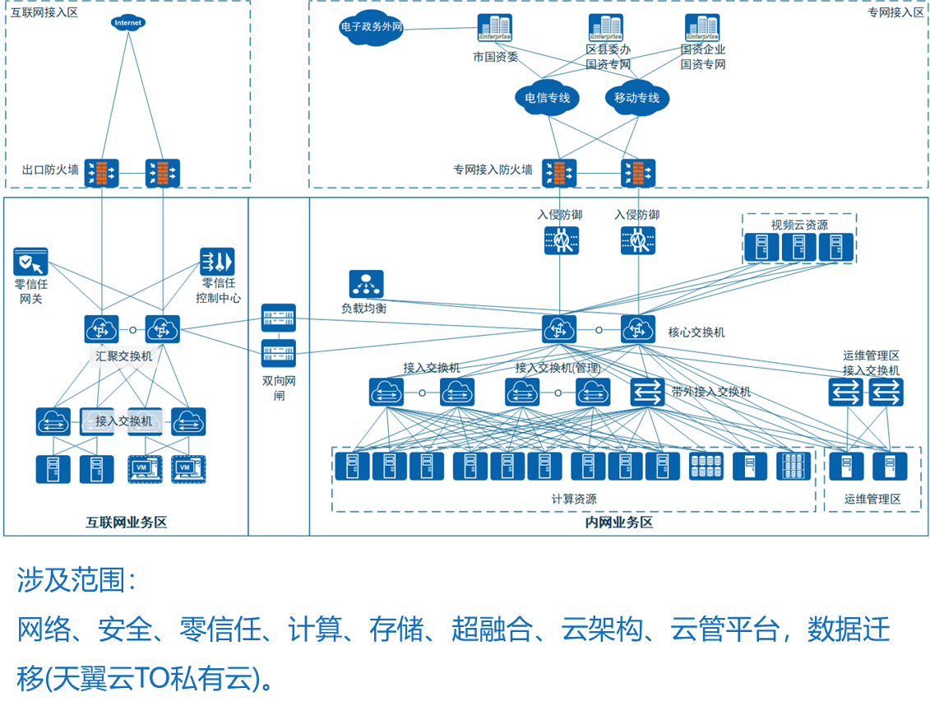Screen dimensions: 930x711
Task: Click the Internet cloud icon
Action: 128,22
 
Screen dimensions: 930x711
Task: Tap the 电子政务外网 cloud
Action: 372,27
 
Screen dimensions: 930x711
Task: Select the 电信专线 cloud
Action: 547,98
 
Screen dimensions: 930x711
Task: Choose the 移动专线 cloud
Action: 637,98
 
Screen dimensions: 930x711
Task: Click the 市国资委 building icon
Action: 495,28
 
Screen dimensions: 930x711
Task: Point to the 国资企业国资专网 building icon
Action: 702,28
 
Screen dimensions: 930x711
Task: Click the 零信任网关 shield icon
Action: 31,262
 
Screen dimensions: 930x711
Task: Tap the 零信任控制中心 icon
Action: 217,262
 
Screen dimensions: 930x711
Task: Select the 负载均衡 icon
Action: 366,284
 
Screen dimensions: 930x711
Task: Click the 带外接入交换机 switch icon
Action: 647,392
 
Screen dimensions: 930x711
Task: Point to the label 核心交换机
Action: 696,332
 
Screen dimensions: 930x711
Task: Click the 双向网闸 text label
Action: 279,388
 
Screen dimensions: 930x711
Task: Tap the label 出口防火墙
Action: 50,170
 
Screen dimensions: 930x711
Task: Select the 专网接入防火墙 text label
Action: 493,170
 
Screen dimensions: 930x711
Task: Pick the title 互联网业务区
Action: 127,523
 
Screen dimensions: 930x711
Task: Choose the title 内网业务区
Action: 618,523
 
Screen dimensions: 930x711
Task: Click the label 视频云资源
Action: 799,225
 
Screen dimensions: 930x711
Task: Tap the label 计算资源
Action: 574,500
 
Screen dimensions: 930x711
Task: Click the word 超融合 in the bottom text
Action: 492,629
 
